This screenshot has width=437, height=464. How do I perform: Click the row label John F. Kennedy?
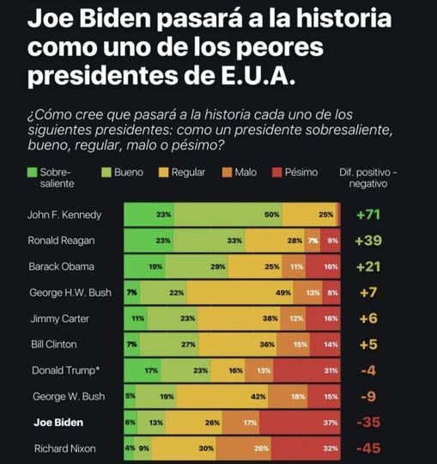pyautogui.click(x=64, y=215)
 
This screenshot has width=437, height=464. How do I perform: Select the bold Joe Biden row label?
pyautogui.click(x=58, y=423)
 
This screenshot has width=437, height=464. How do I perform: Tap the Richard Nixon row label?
pyautogui.click(x=65, y=449)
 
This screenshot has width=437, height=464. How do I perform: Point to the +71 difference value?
pyautogui.click(x=368, y=215)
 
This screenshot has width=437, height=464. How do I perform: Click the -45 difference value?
pyautogui.click(x=368, y=449)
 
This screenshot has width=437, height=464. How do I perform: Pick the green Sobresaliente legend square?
pyautogui.click(x=33, y=172)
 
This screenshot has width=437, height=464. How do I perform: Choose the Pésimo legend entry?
pyautogui.click(x=294, y=172)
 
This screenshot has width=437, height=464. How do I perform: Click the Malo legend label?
pyautogui.click(x=246, y=172)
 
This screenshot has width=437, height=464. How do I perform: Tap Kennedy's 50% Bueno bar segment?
pyautogui.click(x=228, y=215)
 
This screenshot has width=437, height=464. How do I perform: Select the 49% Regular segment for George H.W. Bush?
pyautogui.click(x=240, y=293)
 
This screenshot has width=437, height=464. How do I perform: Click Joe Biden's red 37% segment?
pyautogui.click(x=300, y=423)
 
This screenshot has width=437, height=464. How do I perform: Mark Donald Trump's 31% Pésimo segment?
pyautogui.click(x=307, y=370)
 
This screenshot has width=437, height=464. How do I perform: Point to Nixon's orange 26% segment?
pyautogui.click(x=244, y=449)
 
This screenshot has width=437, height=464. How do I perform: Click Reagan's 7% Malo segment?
pyautogui.click(x=313, y=241)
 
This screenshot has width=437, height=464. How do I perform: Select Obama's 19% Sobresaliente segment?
pyautogui.click(x=144, y=266)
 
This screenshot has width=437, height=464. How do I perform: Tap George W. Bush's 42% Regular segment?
pyautogui.click(x=222, y=396)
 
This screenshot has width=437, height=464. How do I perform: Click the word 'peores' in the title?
pyautogui.click(x=279, y=48)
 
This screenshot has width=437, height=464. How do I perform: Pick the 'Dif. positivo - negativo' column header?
pyautogui.click(x=368, y=178)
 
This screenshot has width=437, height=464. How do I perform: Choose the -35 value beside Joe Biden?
pyautogui.click(x=368, y=422)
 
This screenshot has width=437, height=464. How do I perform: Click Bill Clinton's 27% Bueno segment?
pyautogui.click(x=169, y=345)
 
